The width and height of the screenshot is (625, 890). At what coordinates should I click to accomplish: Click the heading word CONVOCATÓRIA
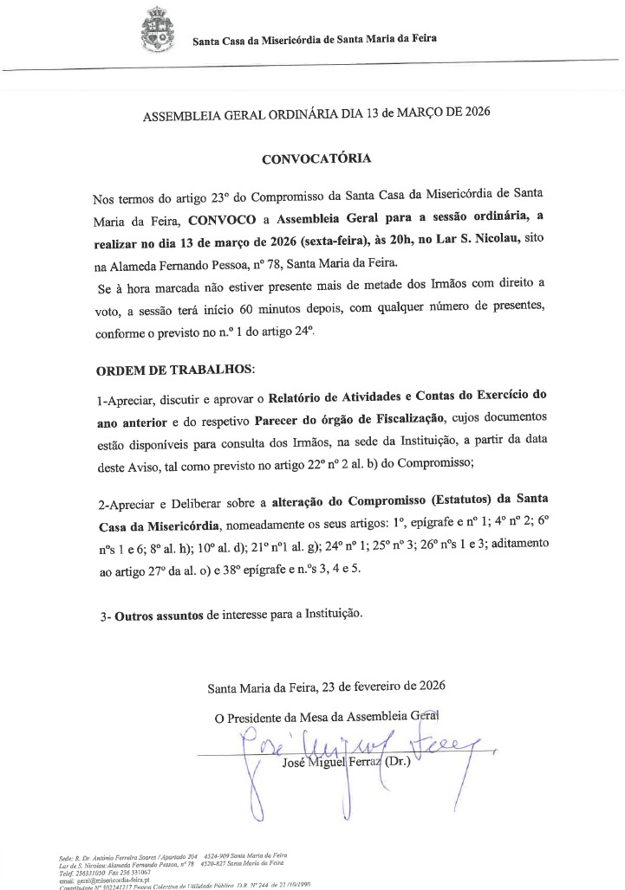click(316, 159)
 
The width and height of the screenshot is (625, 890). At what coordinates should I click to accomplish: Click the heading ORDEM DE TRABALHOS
click(175, 369)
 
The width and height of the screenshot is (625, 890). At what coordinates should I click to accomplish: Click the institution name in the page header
click(314, 39)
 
